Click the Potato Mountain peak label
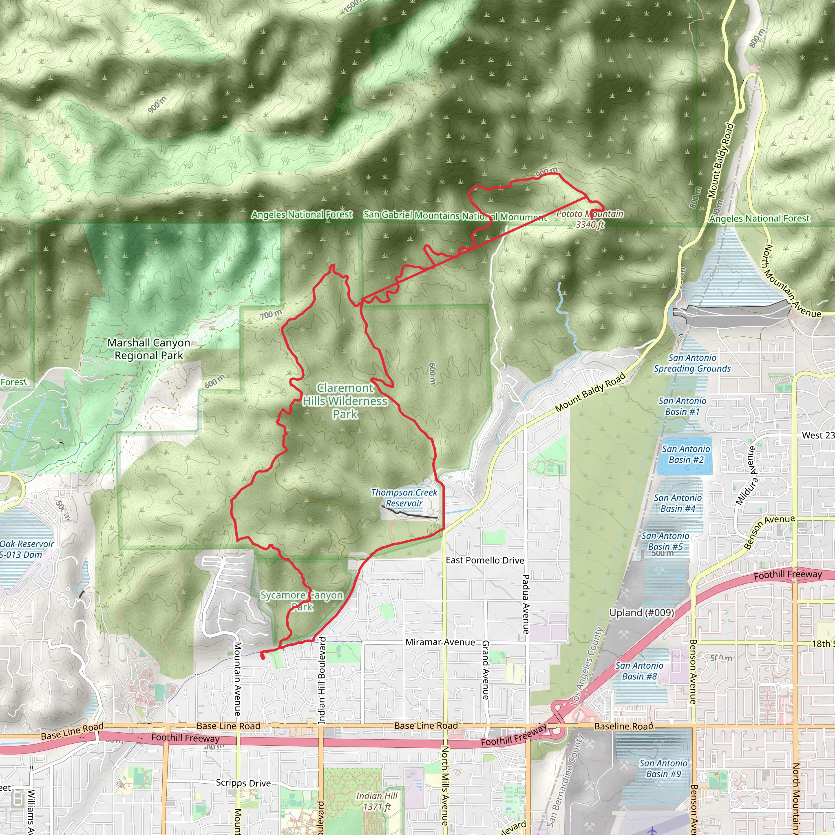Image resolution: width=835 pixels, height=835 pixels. (590, 219)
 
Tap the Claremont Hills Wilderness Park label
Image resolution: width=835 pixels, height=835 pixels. (345, 401)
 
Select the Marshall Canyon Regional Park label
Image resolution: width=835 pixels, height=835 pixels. (149, 349)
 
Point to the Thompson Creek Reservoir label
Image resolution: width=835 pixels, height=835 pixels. (404, 498)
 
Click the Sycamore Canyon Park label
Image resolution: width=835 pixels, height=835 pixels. (302, 601)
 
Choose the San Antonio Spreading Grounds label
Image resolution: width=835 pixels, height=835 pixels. (692, 363)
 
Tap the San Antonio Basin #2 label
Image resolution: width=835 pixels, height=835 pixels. (686, 454)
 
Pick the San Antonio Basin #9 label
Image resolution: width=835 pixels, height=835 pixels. (663, 769)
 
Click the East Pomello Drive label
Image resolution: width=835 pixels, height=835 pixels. (485, 560)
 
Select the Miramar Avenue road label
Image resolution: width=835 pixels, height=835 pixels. (440, 642)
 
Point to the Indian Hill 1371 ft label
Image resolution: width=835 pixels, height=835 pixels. (377, 801)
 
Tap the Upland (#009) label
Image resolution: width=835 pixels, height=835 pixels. (641, 612)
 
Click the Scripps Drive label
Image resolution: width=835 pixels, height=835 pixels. (243, 783)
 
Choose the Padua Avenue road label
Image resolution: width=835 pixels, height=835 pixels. (526, 604)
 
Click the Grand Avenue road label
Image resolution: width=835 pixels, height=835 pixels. (485, 670)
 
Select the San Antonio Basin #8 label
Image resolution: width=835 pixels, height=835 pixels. (639, 671)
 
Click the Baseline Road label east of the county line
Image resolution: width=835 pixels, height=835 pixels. (624, 727)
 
